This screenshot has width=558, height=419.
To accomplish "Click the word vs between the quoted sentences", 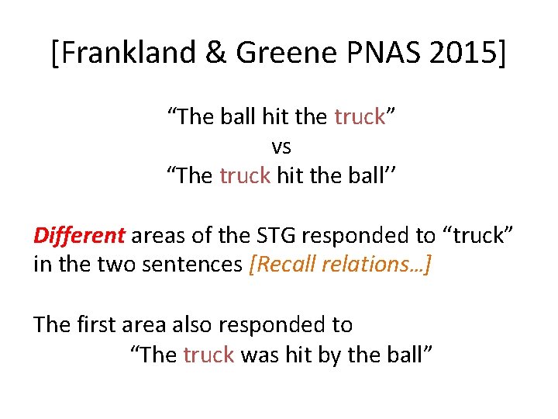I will [281, 146].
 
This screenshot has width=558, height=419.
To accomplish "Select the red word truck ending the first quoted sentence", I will [360, 117].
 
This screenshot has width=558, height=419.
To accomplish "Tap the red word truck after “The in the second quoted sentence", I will [245, 175].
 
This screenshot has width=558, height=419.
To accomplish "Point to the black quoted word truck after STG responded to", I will [480, 235].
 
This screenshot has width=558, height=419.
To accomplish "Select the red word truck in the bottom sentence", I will [208, 355].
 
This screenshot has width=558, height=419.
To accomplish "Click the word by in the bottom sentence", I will [324, 355].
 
